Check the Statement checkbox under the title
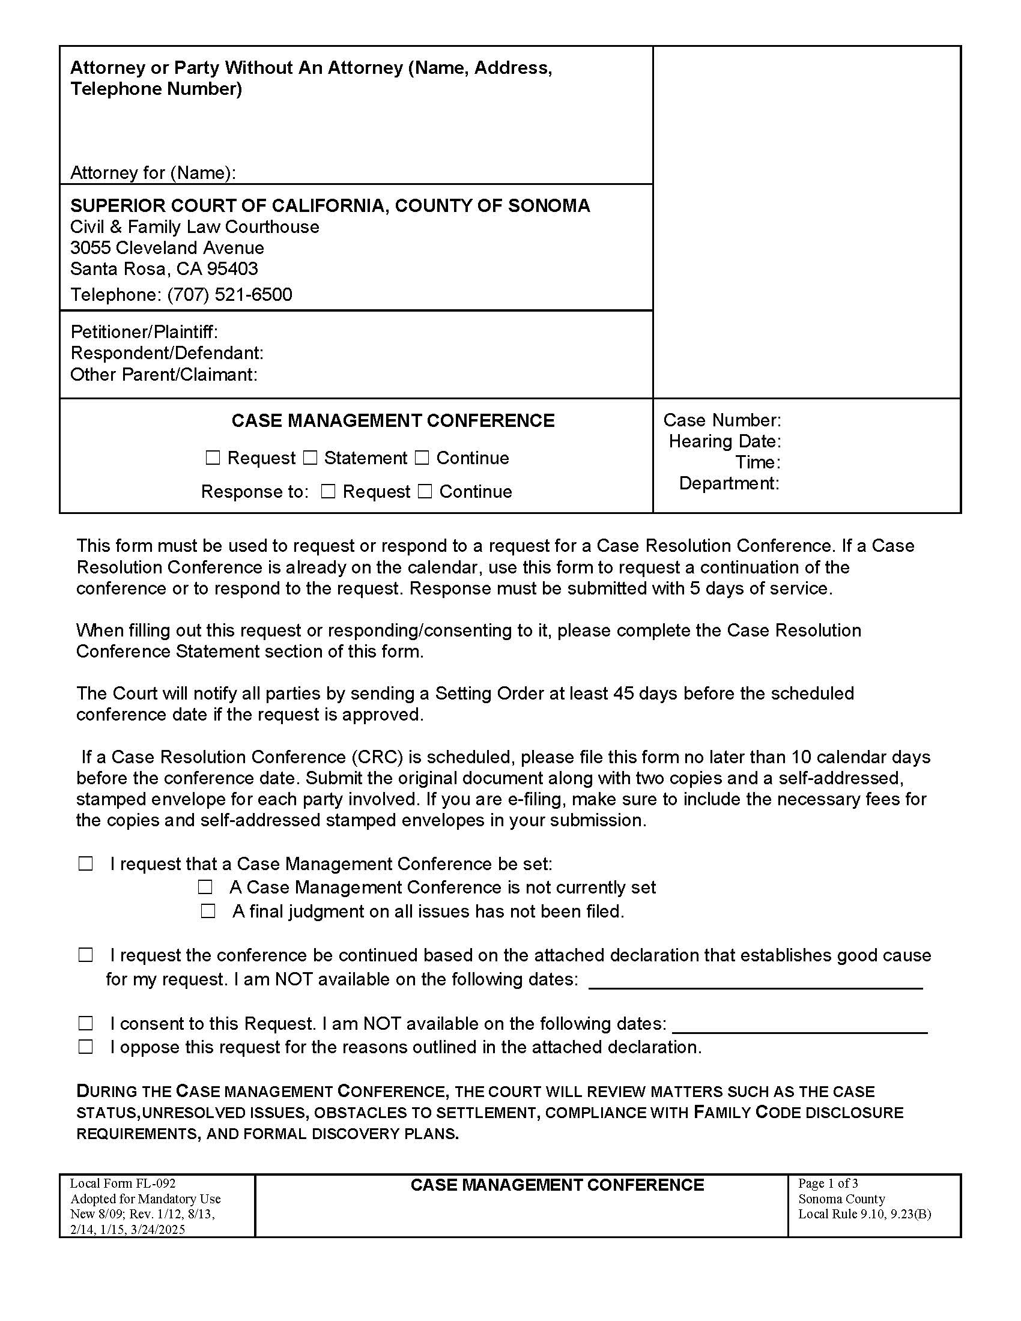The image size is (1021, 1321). [310, 458]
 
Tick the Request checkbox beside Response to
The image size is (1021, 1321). [328, 491]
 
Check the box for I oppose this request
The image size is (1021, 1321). [86, 1047]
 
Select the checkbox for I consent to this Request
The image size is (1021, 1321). [86, 1023]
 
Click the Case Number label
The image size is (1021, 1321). [721, 420]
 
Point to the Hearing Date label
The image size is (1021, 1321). [725, 441]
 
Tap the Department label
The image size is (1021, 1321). [729, 483]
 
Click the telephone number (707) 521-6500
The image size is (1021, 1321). [230, 295]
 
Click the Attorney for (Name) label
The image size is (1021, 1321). [153, 173]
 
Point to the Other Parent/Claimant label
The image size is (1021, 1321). [164, 375]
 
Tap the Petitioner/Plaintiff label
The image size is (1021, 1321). [144, 332]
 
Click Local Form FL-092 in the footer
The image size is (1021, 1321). [123, 1183]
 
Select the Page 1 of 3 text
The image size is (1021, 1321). [828, 1183]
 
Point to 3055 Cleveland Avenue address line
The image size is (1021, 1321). [167, 248]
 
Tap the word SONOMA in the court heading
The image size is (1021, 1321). [548, 205]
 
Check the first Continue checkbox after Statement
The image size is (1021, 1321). [422, 458]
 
